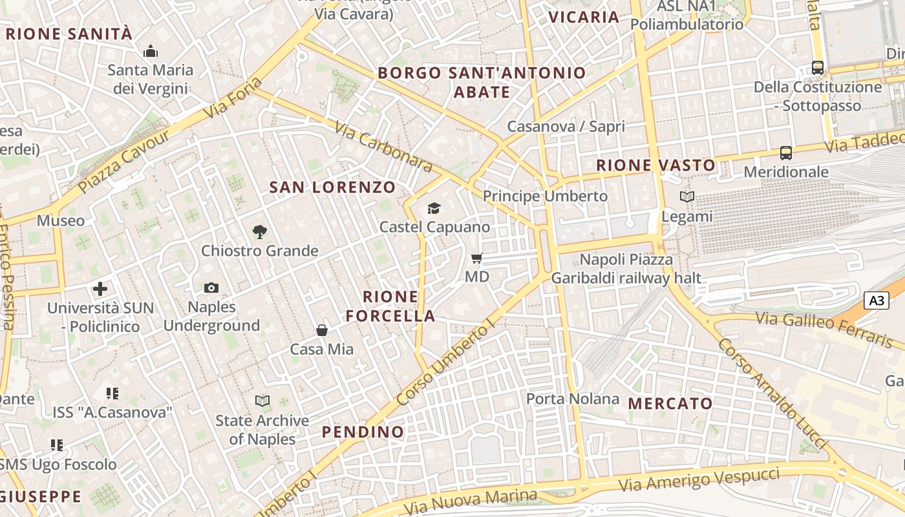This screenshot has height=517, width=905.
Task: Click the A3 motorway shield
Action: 876,301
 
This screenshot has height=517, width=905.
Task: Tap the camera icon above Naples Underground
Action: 211,288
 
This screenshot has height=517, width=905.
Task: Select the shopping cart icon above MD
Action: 477,258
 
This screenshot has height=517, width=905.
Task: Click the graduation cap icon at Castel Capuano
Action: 434,208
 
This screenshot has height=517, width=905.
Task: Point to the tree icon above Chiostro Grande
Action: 259,231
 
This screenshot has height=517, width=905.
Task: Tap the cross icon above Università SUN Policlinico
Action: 100,289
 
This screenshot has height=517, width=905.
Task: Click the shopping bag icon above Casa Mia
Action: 321,330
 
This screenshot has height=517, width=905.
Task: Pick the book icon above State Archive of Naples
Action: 262,401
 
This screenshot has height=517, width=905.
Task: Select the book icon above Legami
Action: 687,196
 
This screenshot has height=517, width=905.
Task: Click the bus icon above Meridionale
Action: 786,153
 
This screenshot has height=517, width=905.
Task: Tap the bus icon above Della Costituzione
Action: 818,67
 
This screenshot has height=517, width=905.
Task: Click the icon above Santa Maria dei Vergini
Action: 151,50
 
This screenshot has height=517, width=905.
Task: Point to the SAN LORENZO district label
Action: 332,187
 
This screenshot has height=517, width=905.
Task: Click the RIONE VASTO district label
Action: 655,165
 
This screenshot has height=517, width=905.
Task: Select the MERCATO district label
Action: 670,404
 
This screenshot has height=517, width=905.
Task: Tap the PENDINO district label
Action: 363,432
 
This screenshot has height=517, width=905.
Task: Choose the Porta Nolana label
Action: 573,399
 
